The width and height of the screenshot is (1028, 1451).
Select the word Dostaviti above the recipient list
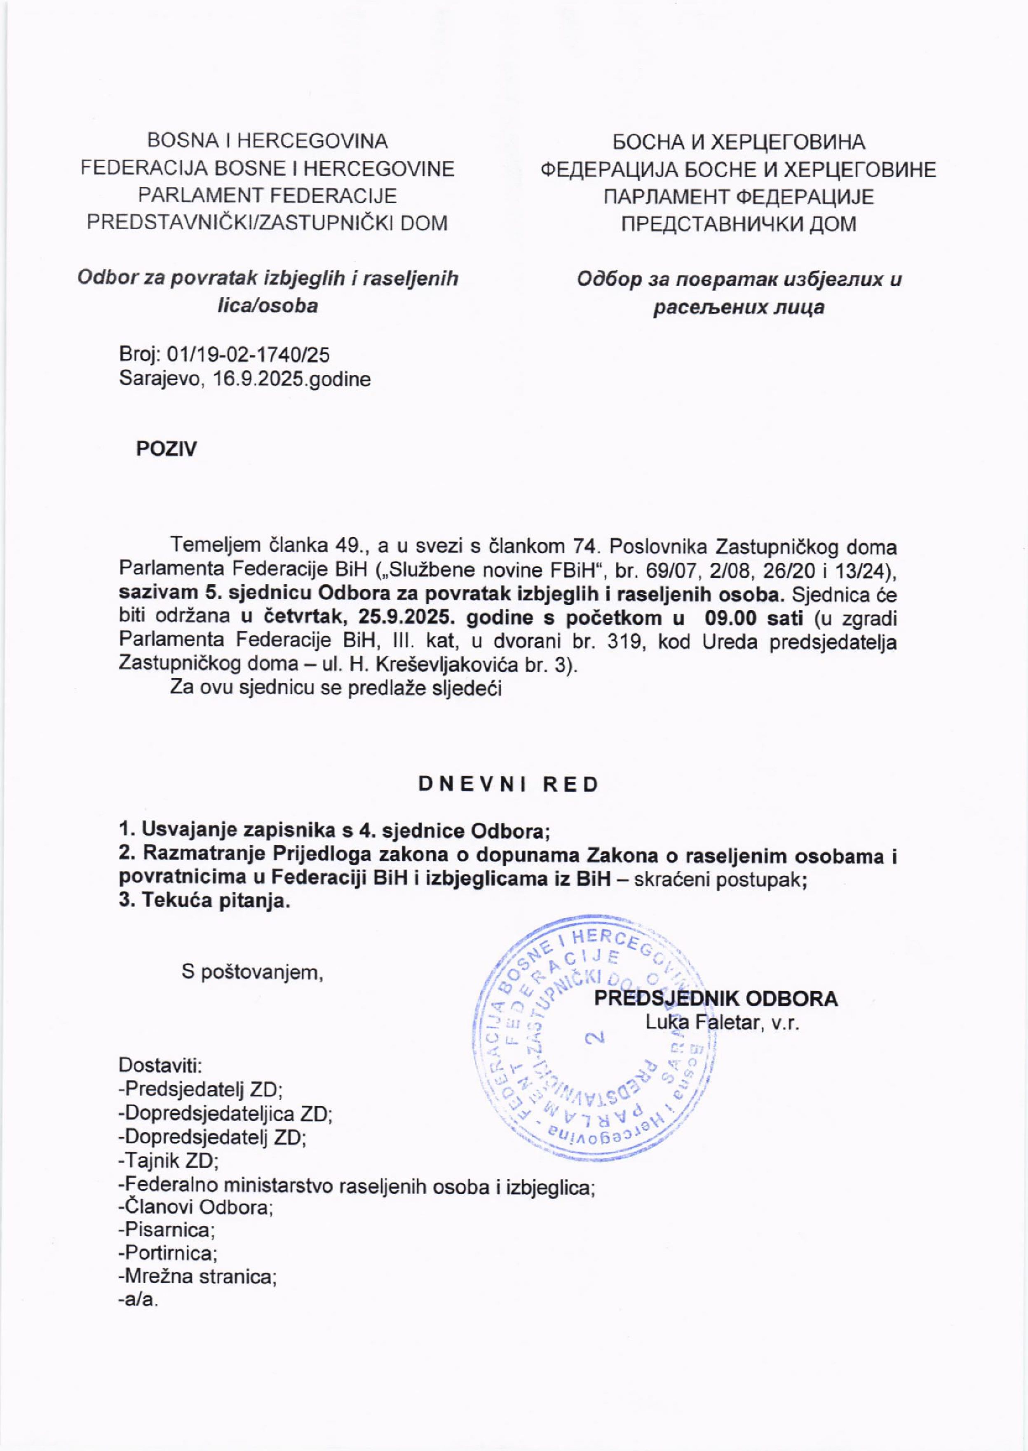pos(161,1065)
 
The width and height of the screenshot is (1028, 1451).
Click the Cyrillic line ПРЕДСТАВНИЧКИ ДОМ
pos(738,224)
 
